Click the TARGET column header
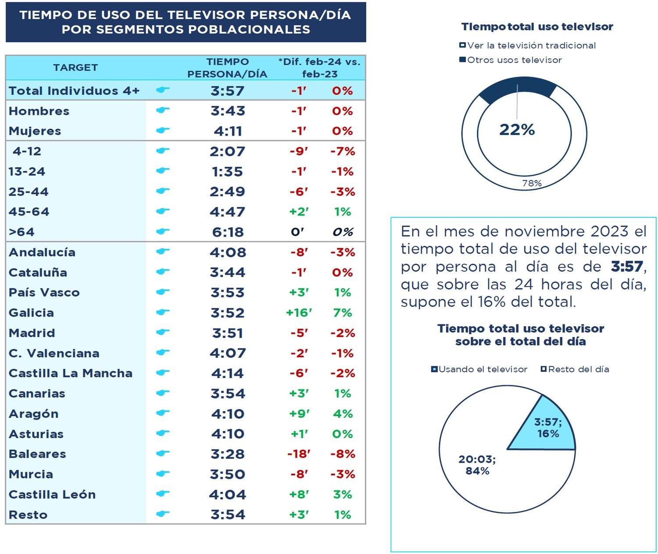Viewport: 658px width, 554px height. point(75,68)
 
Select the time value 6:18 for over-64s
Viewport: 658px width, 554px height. point(228,232)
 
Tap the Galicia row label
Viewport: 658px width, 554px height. point(31,313)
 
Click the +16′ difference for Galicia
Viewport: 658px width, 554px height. point(299,313)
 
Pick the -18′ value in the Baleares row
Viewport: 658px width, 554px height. point(299,454)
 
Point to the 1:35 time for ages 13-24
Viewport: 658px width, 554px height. point(228,171)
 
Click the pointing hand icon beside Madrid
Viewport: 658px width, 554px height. point(163,332)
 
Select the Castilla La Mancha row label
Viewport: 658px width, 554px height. point(70,373)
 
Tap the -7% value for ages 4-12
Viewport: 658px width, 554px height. point(343,151)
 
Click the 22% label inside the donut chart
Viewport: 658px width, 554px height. point(517,130)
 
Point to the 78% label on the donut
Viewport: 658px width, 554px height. point(532,183)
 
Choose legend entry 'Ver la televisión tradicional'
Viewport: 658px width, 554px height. point(531,45)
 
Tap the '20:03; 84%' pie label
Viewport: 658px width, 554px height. point(477,465)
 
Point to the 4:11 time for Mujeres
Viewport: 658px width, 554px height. point(228,131)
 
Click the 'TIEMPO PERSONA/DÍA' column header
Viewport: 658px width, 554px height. point(227,68)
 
